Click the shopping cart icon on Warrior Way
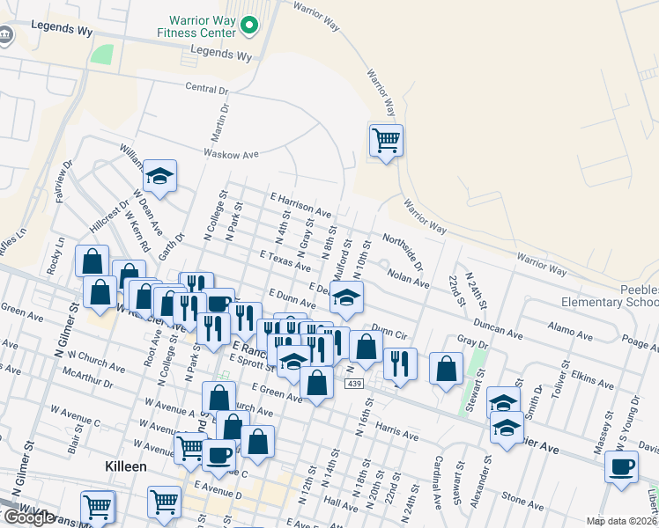pyautogui.click(x=386, y=140)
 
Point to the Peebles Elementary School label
pyautogui.click(x=611, y=296)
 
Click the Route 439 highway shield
pyautogui.click(x=355, y=385)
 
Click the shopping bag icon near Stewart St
pyautogui.click(x=447, y=369)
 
